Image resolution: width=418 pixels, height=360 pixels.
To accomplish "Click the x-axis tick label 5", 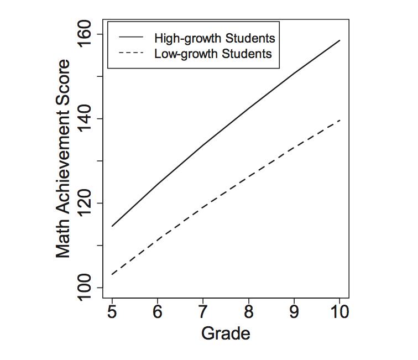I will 112,312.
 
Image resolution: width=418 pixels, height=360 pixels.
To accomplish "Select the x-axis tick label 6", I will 158,312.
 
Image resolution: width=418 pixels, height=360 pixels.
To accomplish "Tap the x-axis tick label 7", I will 203,312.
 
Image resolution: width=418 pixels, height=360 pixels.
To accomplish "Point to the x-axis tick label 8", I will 248,312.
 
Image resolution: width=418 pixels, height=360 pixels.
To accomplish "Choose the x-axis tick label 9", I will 294,312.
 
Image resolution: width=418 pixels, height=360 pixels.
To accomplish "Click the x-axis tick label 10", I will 339,312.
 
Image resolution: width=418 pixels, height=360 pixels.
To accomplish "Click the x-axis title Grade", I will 226,334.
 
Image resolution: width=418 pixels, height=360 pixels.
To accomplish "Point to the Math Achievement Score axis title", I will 64,159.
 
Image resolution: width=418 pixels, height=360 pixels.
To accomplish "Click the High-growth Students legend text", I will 215,38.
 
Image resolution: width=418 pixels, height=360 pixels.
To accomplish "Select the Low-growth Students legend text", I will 213,54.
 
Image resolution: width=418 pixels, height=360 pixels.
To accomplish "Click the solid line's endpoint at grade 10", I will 339,40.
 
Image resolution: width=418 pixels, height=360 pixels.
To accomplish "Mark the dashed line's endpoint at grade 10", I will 339,120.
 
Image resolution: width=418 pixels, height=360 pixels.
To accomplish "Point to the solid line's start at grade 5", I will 112,226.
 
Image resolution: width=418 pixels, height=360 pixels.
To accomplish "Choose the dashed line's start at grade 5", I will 112,274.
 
